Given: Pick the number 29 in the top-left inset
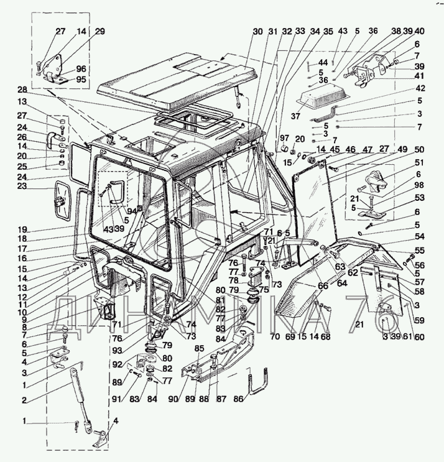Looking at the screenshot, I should point(100,32).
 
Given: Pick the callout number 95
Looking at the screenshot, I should point(81,80).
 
